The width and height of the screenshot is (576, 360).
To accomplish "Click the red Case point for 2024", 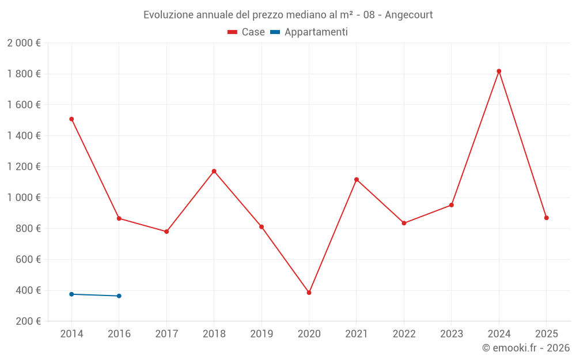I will click(499, 71).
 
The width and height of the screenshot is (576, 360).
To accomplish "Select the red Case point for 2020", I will click(309, 293).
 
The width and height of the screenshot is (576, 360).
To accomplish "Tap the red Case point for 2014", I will click(71, 119).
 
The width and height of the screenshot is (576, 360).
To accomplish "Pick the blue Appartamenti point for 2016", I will click(119, 296).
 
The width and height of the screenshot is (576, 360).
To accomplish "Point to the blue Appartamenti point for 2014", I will click(71, 294).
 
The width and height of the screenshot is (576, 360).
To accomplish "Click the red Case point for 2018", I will click(214, 171).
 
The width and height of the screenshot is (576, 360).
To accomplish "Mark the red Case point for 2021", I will click(357, 180).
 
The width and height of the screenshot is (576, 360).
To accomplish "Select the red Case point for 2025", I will click(546, 218).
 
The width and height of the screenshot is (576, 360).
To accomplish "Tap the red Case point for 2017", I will click(166, 232).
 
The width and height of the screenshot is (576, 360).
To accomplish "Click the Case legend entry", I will click(247, 32).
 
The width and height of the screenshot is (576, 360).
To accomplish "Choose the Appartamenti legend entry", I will click(309, 32).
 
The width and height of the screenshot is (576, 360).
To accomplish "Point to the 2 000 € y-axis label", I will click(24, 43).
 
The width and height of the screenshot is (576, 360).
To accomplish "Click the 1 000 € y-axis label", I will click(24, 198).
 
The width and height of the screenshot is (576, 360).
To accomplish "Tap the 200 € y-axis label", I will click(29, 321).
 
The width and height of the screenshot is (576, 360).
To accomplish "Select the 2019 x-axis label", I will click(262, 334).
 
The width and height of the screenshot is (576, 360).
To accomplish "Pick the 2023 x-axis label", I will click(451, 334).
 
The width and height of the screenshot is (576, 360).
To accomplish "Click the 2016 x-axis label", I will click(119, 334).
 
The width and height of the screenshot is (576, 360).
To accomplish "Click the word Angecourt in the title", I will click(408, 14).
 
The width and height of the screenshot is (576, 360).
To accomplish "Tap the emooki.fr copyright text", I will click(525, 348).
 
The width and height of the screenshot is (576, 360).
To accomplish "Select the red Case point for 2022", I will click(404, 223).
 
